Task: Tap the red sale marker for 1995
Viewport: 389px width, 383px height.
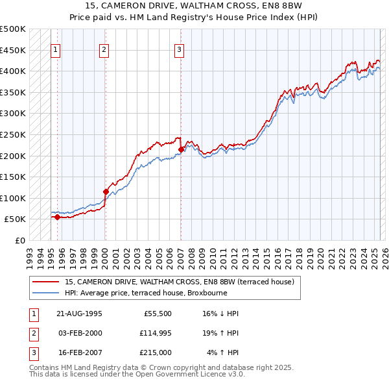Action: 58,217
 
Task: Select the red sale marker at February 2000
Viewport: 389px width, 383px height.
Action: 105,191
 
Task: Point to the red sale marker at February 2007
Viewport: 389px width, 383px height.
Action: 180,149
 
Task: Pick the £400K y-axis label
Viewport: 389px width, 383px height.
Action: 13,71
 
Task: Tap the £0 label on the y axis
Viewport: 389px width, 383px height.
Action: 19,240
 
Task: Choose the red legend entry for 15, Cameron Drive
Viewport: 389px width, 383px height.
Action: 179,282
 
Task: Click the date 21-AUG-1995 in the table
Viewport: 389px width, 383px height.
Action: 80,314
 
